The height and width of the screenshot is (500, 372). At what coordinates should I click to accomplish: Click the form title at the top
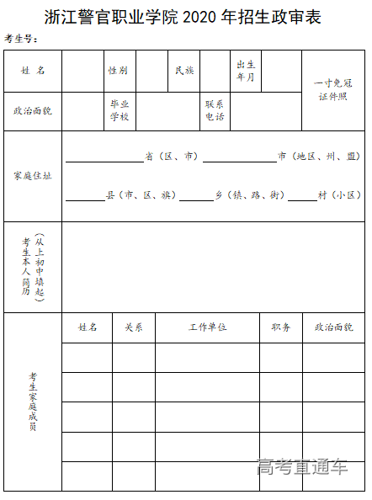[x=185, y=17]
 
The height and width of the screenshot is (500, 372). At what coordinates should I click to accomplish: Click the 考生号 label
[x=22, y=40]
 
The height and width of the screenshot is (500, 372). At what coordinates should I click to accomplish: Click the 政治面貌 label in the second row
[x=33, y=111]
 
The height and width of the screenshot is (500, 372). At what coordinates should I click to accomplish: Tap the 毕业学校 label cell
[x=119, y=111]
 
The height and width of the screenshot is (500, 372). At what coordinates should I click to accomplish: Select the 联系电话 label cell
[x=215, y=111]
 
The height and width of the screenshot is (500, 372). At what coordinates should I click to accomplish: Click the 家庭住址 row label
[x=33, y=176]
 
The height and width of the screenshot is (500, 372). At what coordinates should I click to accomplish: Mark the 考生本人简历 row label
[x=32, y=268]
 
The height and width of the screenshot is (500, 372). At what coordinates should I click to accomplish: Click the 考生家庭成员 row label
[x=33, y=402]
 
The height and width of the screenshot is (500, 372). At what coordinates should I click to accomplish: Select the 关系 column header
[x=134, y=327]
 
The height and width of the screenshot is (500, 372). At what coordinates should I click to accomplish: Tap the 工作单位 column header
[x=207, y=327]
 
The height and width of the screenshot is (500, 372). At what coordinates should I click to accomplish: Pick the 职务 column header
[x=280, y=327]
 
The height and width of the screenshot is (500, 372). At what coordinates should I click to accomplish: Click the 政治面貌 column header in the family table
[x=334, y=327]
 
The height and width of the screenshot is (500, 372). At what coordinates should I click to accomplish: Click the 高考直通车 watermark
[x=302, y=465]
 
